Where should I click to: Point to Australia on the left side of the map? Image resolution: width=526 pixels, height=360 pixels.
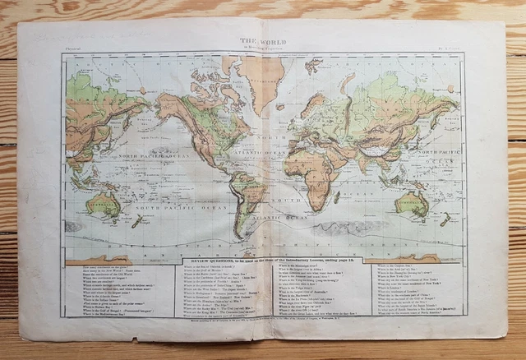pyautogui.click(x=104, y=203)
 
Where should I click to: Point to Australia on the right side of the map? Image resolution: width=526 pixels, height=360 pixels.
pyautogui.click(x=411, y=202)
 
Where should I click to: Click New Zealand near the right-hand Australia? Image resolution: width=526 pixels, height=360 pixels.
pyautogui.click(x=444, y=219)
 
